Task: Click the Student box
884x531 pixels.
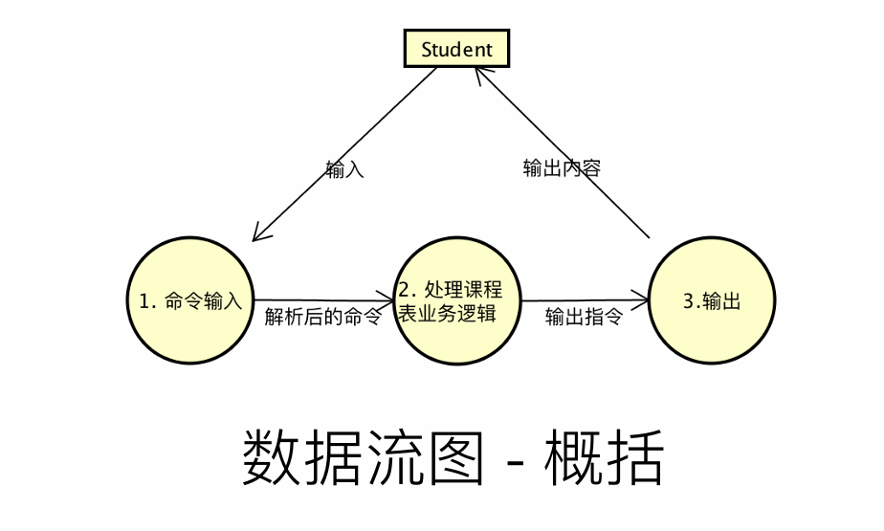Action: click(x=456, y=49)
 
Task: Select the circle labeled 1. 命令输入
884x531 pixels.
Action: click(x=190, y=300)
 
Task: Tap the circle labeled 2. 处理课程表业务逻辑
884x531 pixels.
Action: click(x=457, y=300)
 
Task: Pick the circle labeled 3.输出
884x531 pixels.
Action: click(x=712, y=300)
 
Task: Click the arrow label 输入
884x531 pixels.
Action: click(x=344, y=171)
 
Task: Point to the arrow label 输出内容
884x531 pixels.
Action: click(x=562, y=168)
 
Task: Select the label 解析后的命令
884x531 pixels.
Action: click(x=322, y=317)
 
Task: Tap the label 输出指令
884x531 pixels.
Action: click(x=584, y=317)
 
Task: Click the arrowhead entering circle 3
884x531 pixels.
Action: click(x=643, y=300)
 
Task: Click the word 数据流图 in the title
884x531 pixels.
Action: click(x=364, y=459)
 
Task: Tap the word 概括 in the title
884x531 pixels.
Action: click(x=603, y=459)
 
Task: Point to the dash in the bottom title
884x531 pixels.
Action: click(x=514, y=463)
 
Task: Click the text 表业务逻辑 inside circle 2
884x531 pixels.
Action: click(x=448, y=313)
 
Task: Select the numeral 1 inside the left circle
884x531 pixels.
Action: click(x=144, y=301)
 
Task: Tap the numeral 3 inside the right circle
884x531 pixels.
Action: click(x=688, y=301)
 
